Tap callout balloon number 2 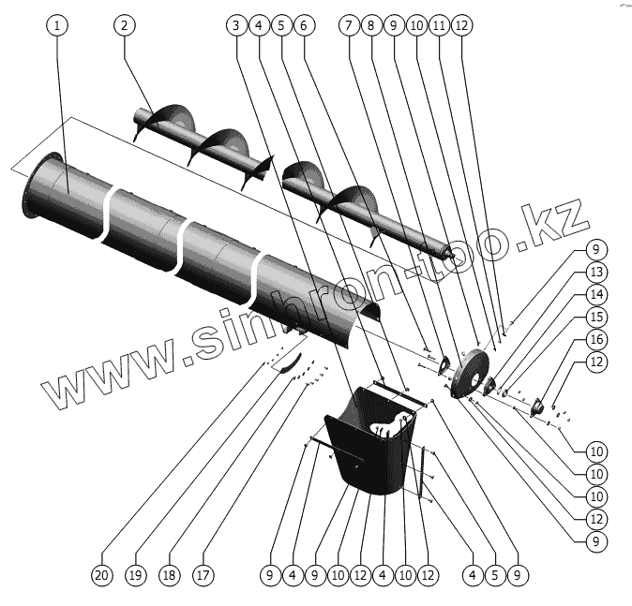[x=123, y=25]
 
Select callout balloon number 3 [x=235, y=25]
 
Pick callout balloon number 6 [x=303, y=25]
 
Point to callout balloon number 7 [x=350, y=25]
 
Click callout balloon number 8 [x=372, y=25]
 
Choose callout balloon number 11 [x=438, y=25]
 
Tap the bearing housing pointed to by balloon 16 [x=540, y=406]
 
